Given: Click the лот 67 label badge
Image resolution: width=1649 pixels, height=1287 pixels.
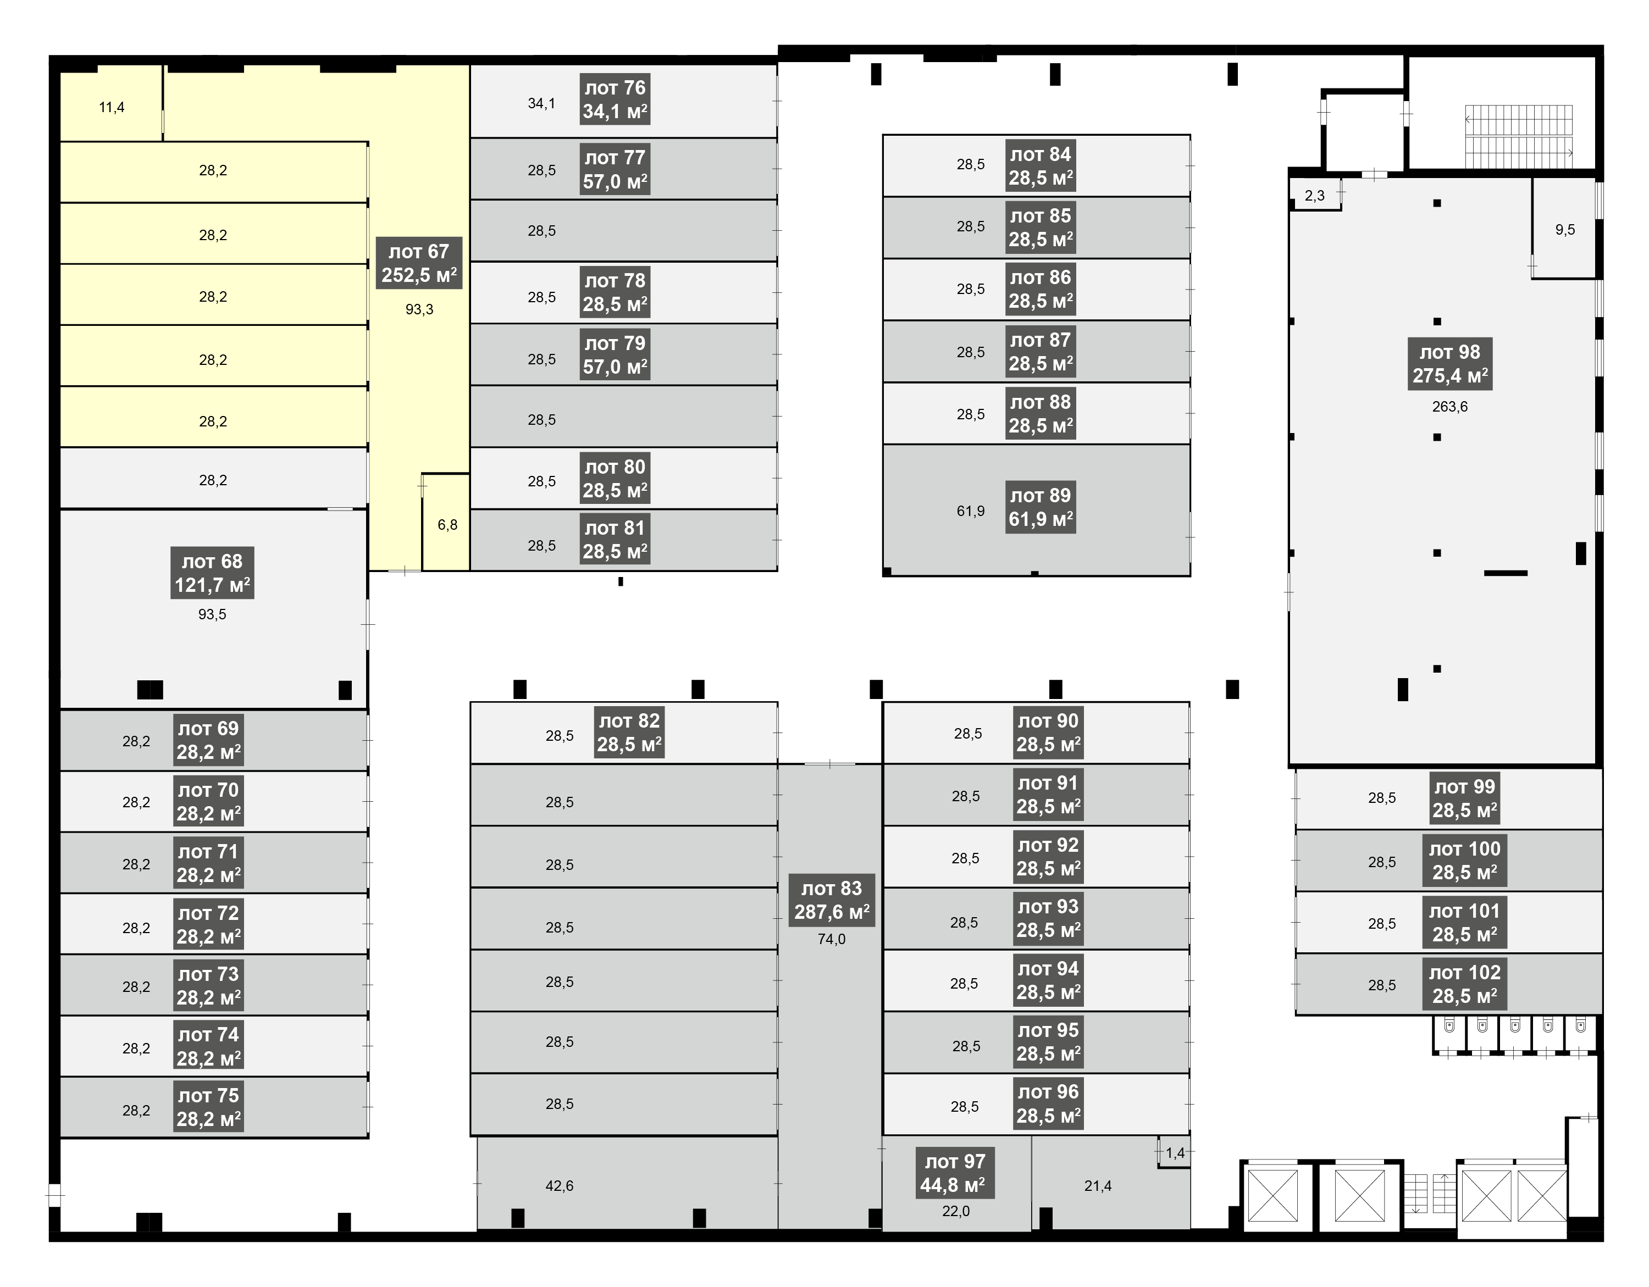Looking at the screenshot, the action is click(x=419, y=263).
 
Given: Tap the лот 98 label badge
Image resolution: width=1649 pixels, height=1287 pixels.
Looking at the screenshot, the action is click(x=1449, y=364).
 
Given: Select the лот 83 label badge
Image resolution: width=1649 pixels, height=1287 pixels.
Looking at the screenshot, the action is click(x=831, y=900).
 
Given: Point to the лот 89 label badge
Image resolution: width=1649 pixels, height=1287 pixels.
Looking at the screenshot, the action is click(x=1041, y=507).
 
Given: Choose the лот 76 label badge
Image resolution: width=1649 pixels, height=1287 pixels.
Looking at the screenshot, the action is click(x=615, y=99).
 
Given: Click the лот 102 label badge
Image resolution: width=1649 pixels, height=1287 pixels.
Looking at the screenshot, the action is click(x=1465, y=984).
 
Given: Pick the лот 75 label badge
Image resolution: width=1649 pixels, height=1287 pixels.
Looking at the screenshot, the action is click(x=208, y=1107).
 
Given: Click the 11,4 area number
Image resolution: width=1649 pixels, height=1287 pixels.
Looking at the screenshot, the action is click(x=112, y=107).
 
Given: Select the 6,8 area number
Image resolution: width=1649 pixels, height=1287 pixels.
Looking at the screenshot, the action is click(x=448, y=525).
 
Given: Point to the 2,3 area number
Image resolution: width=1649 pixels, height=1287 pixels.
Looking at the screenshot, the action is click(x=1314, y=196).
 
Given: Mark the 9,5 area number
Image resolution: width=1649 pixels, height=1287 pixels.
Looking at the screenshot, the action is click(x=1565, y=230).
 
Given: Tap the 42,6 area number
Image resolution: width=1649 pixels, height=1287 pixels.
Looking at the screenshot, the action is click(x=560, y=1186).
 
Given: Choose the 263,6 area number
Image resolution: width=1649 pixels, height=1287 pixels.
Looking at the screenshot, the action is click(x=1449, y=407).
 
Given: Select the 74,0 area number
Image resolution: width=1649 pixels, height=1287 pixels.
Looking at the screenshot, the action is click(x=831, y=939).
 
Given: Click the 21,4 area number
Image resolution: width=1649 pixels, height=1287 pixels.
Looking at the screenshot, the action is click(x=1098, y=1186).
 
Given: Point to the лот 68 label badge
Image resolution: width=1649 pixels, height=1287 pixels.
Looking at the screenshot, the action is click(x=212, y=573).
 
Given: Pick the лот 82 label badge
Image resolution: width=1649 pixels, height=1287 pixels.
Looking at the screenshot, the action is click(x=629, y=732).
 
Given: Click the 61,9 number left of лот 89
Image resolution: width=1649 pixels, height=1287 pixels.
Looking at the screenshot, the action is click(x=970, y=511).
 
